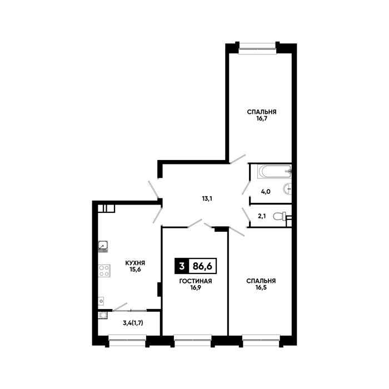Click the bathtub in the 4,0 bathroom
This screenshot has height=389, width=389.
pyautogui.click(x=274, y=171)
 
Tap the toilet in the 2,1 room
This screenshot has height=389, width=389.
pyautogui.click(x=280, y=216)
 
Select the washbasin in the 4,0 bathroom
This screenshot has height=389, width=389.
pyautogui.click(x=287, y=189)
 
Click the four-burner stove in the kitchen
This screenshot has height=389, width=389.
pyautogui.click(x=104, y=271)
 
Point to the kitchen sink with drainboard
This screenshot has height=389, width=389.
pyautogui.click(x=103, y=246)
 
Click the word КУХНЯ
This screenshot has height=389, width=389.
pyautogui.click(x=135, y=263)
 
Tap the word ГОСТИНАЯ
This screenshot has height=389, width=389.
pyautogui.click(x=196, y=281)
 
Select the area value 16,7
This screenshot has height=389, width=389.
pyautogui.click(x=262, y=118)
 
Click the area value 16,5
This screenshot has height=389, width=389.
pyautogui.click(x=261, y=287)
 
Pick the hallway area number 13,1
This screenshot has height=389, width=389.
pyautogui.click(x=207, y=198)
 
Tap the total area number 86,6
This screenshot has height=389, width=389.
pyautogui.click(x=202, y=266)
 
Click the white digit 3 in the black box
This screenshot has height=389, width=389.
pyautogui.click(x=182, y=266)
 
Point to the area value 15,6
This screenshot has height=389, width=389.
pyautogui.click(x=135, y=270)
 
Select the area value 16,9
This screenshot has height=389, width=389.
pyautogui.click(x=196, y=288)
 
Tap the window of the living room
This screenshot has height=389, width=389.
pyautogui.click(x=193, y=341)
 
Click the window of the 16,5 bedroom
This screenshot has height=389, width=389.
pyautogui.click(x=261, y=341)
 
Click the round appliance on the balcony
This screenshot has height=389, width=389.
pyautogui.click(x=103, y=315)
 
